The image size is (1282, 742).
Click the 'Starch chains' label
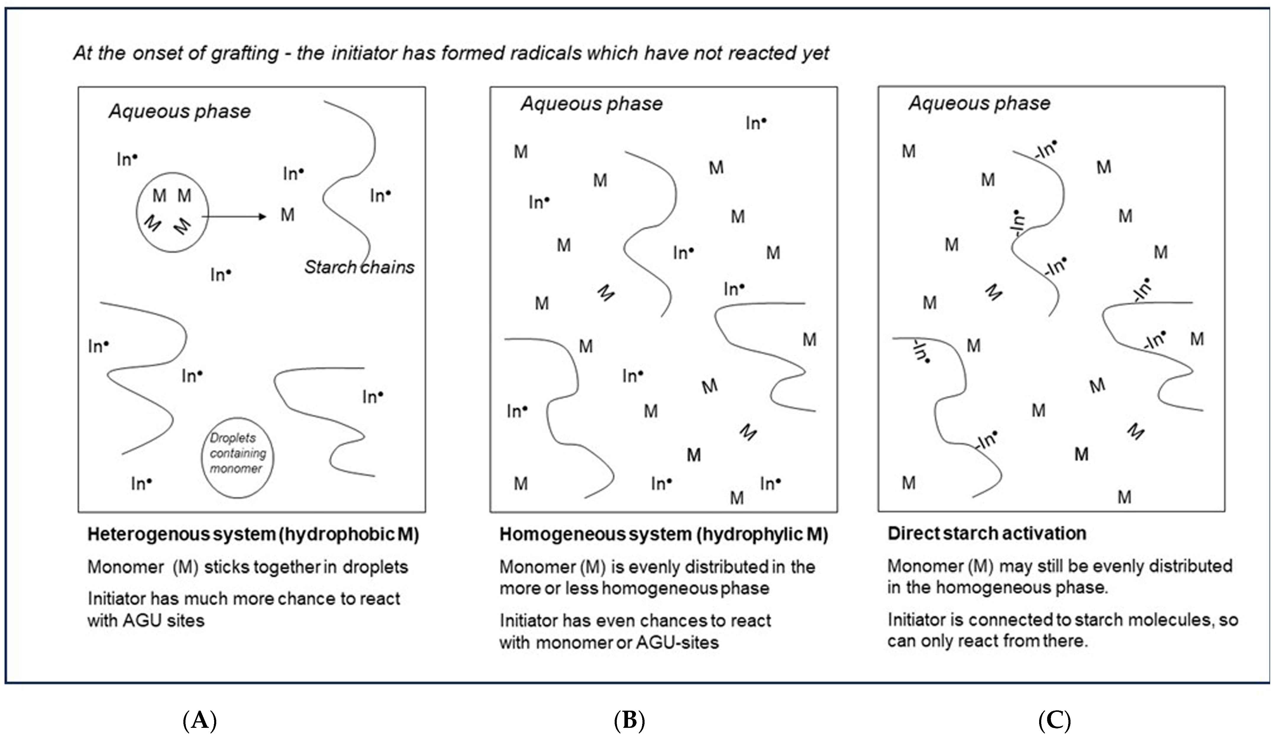359,267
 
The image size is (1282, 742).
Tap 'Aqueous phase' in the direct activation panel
979,103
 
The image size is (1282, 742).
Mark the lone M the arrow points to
288,215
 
